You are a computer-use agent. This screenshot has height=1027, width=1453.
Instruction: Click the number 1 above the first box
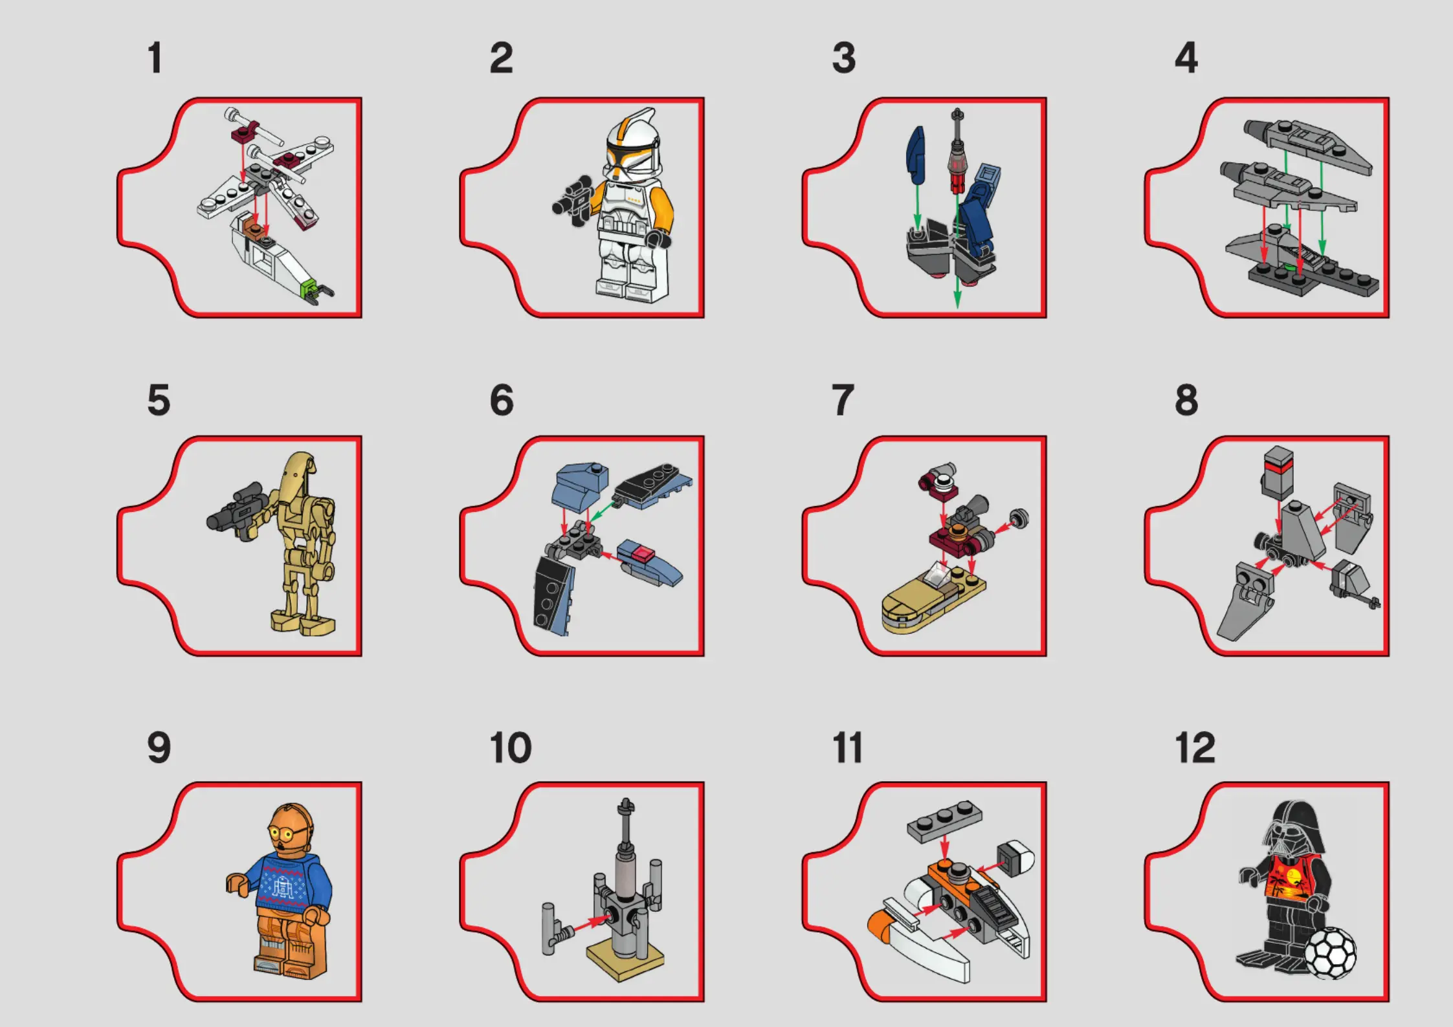click(155, 58)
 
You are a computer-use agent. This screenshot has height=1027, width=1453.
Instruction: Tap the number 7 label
click(843, 400)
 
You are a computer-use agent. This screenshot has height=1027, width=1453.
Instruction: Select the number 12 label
click(1195, 748)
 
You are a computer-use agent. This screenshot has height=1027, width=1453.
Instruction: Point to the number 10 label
click(511, 748)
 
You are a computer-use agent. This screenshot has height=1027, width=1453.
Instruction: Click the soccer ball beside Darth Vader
click(1329, 953)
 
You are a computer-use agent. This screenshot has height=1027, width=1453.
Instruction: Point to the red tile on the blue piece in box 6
click(643, 554)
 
